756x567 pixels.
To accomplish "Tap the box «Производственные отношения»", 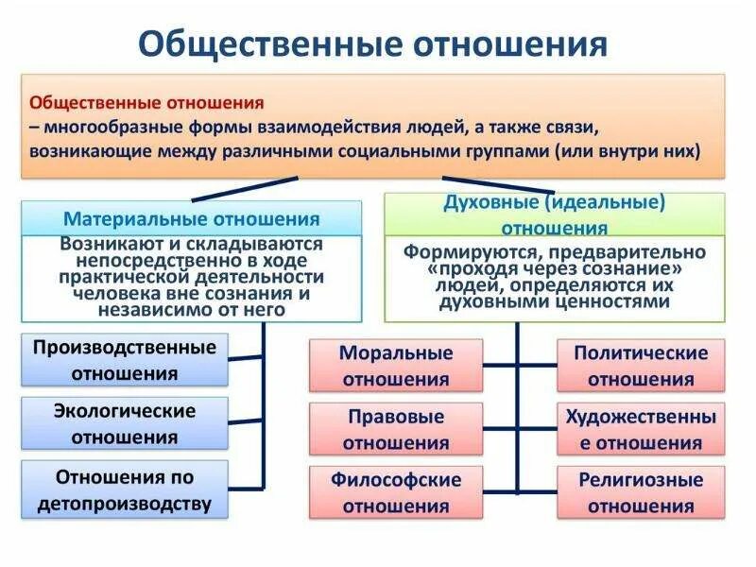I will tap(125, 359).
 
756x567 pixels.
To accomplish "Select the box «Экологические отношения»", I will tap(125, 424).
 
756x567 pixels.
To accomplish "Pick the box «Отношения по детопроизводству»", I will tap(125, 490).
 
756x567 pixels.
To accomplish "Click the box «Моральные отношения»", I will tap(395, 366).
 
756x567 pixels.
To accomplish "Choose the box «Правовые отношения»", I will tap(395, 429).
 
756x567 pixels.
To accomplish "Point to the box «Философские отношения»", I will tap(395, 492).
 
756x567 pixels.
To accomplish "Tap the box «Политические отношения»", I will tap(641, 366).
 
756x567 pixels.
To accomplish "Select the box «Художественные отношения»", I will tap(641, 429).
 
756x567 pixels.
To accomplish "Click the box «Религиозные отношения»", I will tap(641, 492).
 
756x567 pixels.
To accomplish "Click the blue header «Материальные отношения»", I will tap(191, 219).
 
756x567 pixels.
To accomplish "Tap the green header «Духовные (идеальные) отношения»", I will tap(555, 215).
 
